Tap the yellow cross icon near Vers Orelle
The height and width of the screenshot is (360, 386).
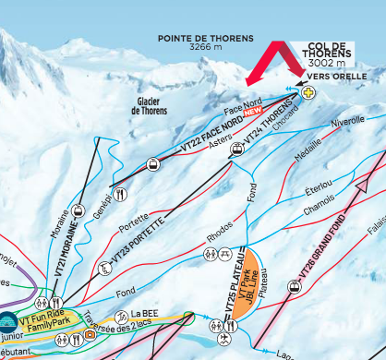coord(308,91)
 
